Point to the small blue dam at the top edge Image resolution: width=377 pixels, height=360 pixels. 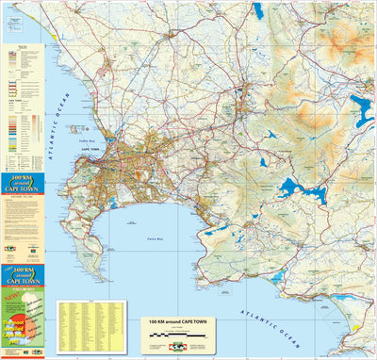coord(257,10)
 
